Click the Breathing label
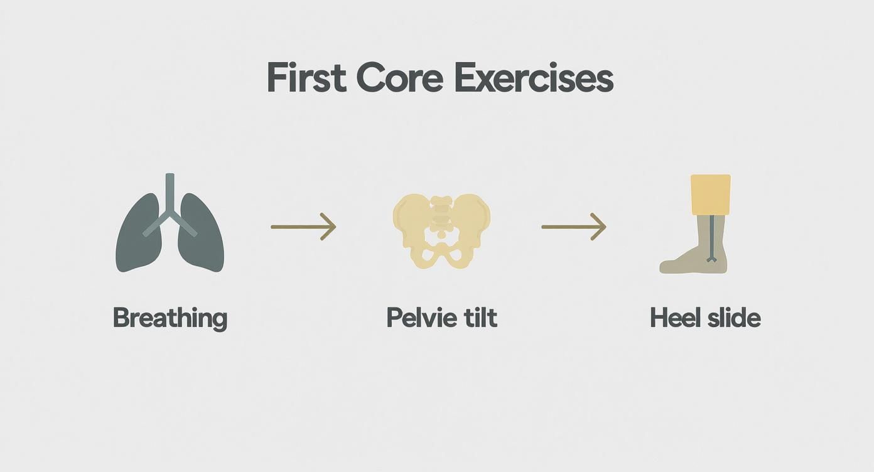pos(170,318)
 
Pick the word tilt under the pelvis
pos(480,318)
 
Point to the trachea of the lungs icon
pos(170,191)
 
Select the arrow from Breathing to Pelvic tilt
pos(303,227)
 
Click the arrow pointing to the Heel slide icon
pos(573,227)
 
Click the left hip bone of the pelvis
pos(410,217)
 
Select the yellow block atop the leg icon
pos(711,195)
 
